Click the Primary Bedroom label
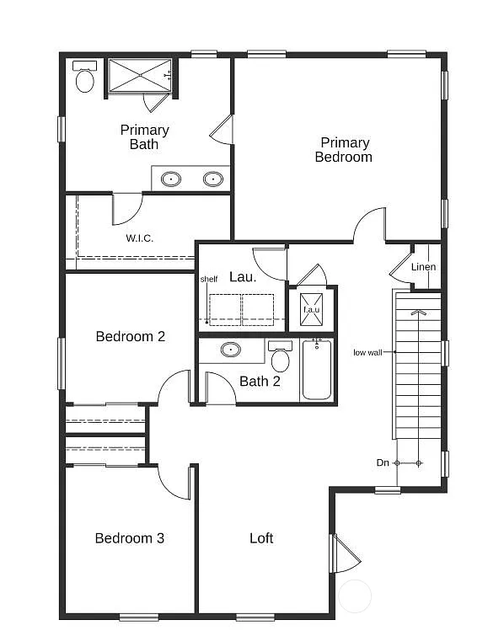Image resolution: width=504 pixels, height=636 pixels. (344, 150)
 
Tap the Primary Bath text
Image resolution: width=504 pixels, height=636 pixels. (144, 137)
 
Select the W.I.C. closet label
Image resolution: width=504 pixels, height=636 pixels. (139, 238)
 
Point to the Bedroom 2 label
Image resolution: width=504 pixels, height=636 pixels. (130, 336)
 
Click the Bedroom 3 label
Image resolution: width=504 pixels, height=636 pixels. (129, 538)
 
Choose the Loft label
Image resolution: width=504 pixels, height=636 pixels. (261, 538)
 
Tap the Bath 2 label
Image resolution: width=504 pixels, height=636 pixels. (260, 382)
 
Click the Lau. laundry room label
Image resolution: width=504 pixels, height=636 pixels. (243, 275)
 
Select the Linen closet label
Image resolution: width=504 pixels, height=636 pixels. (423, 268)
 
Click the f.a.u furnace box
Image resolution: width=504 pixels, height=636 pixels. (312, 310)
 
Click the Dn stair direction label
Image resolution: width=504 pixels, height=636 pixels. (383, 462)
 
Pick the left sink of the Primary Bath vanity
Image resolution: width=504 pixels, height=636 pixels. (171, 179)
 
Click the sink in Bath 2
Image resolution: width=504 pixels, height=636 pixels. (230, 349)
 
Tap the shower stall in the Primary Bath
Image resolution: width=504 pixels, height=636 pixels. (140, 75)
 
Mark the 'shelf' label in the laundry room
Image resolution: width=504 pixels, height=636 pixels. (207, 280)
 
